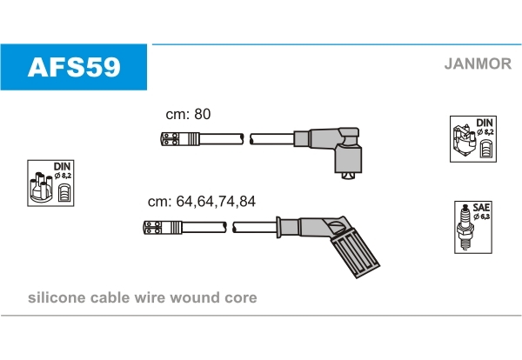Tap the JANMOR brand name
point(477,63)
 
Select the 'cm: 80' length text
point(189,114)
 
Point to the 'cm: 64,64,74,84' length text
point(202,201)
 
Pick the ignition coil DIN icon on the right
point(472,138)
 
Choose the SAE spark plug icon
point(473,229)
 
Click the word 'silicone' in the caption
point(57,298)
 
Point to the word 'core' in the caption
point(240,298)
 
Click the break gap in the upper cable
point(245,138)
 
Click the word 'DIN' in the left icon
point(62,165)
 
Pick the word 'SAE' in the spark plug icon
point(481,208)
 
